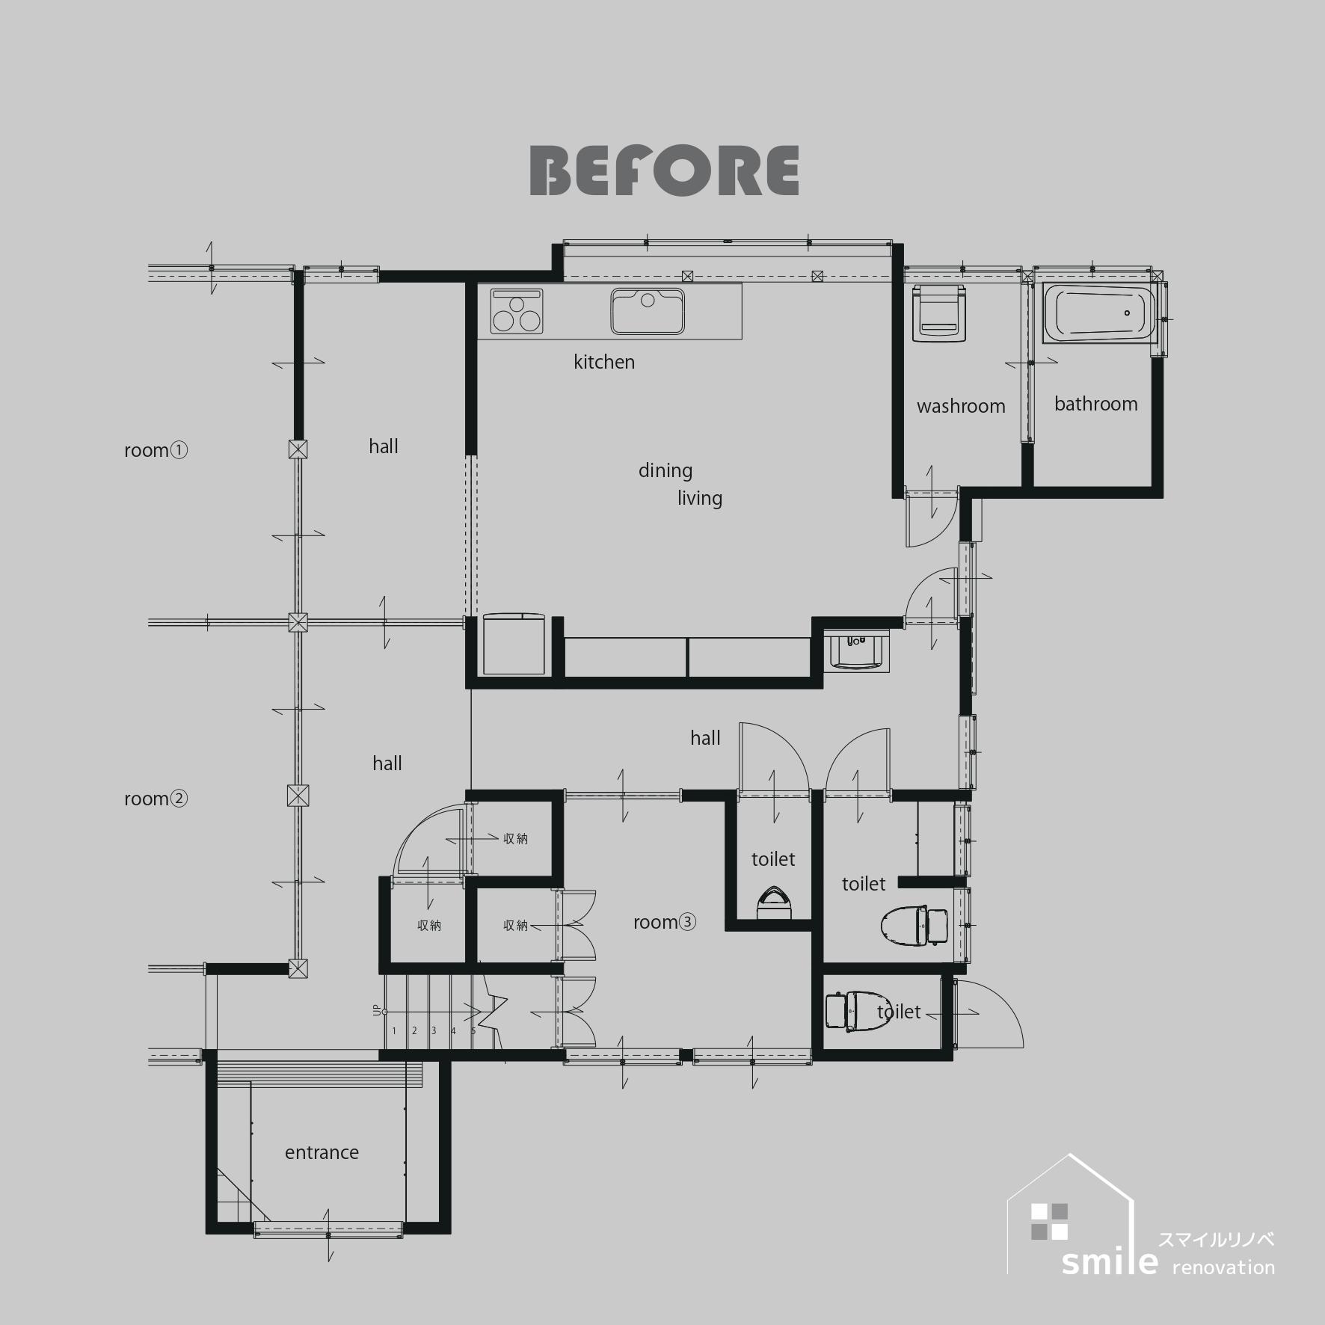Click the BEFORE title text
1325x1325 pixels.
tap(664, 170)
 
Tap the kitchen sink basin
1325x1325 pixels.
tap(648, 311)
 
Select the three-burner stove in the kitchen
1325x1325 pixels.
tap(517, 311)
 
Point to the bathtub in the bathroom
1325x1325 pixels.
tap(1099, 313)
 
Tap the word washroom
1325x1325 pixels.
tap(961, 406)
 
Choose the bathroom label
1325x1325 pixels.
tap(1096, 404)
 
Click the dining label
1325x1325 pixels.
tap(665, 471)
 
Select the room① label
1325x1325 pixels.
tap(156, 450)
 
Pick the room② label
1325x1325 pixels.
tap(156, 799)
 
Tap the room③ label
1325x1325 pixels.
tap(665, 922)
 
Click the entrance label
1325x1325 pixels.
tap(322, 1152)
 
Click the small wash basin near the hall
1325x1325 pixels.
tap(859, 651)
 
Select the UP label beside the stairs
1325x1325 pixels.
tap(377, 1009)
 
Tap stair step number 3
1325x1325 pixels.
tap(434, 1031)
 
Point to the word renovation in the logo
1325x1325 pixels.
tap(1223, 1267)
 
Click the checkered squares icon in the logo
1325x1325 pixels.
tap(1049, 1222)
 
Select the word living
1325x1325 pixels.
tap(700, 499)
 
